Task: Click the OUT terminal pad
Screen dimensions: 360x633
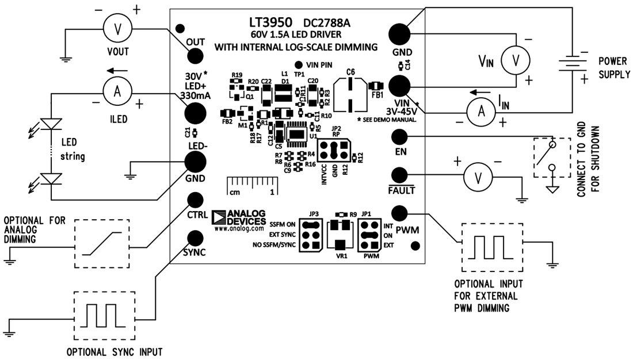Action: click(x=195, y=56)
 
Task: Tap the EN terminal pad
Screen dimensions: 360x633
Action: click(x=399, y=137)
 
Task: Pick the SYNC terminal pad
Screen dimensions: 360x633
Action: click(x=195, y=237)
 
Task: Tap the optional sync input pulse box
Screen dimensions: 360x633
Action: click(x=104, y=315)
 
